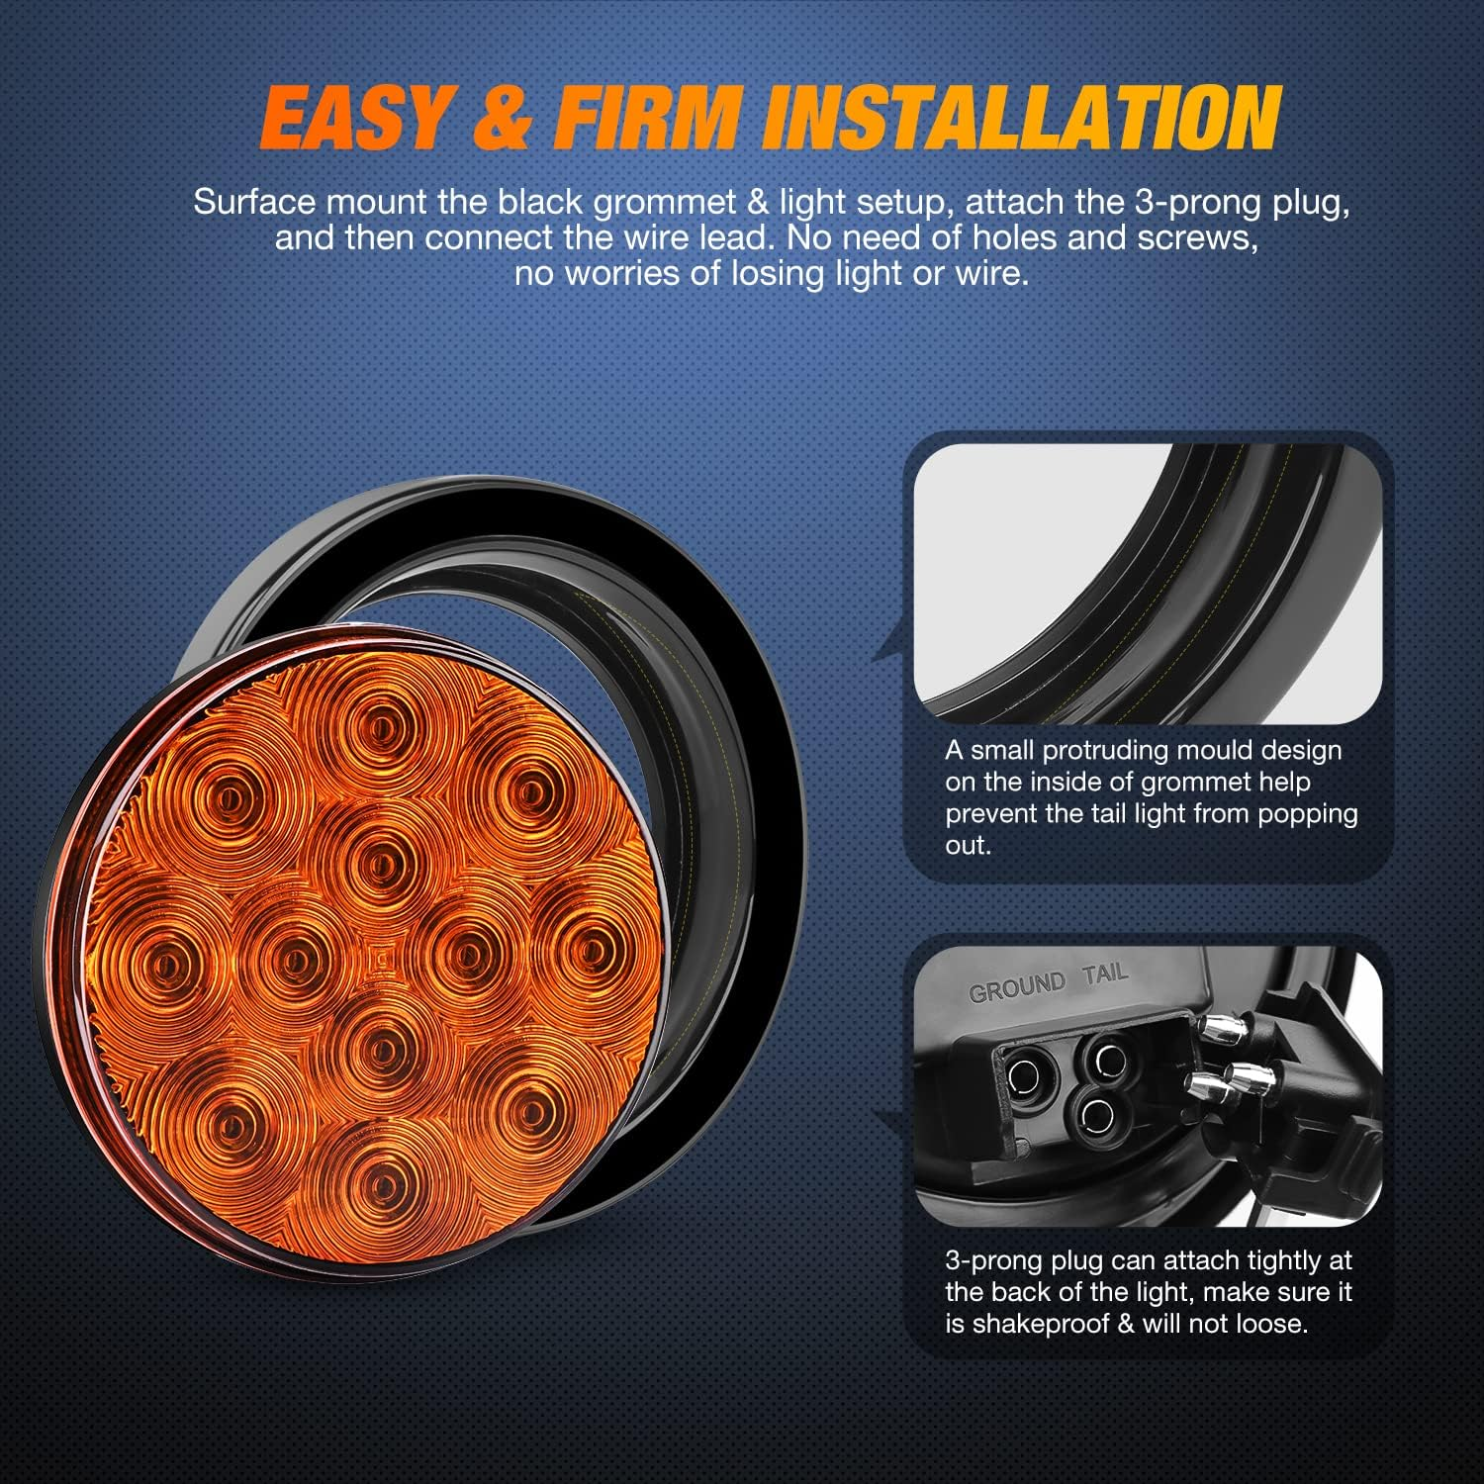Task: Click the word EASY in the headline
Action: coord(356,119)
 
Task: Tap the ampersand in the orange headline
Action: coord(502,119)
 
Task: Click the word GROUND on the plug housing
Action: coord(1016,986)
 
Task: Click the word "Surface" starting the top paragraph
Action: coord(254,203)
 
